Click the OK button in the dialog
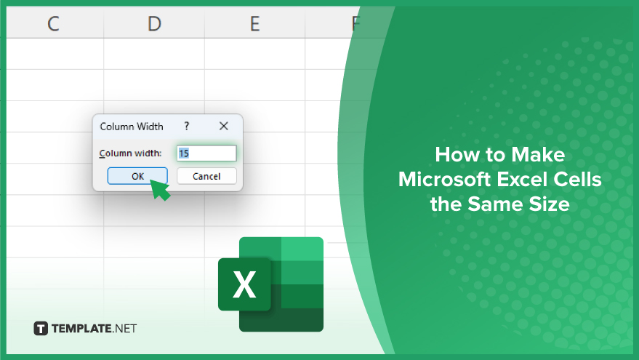(x=137, y=176)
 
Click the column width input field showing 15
(x=206, y=153)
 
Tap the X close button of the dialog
(x=223, y=127)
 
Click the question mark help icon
(x=187, y=126)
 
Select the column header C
(x=53, y=24)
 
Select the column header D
(x=154, y=24)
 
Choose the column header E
(x=254, y=24)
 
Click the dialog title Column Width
(x=132, y=127)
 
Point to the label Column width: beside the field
(x=130, y=153)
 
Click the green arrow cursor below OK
(x=160, y=190)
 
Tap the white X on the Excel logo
(x=244, y=284)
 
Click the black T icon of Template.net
(x=41, y=328)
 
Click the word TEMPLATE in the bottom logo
(x=81, y=329)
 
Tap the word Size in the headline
(x=549, y=204)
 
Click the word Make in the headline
(x=538, y=155)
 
